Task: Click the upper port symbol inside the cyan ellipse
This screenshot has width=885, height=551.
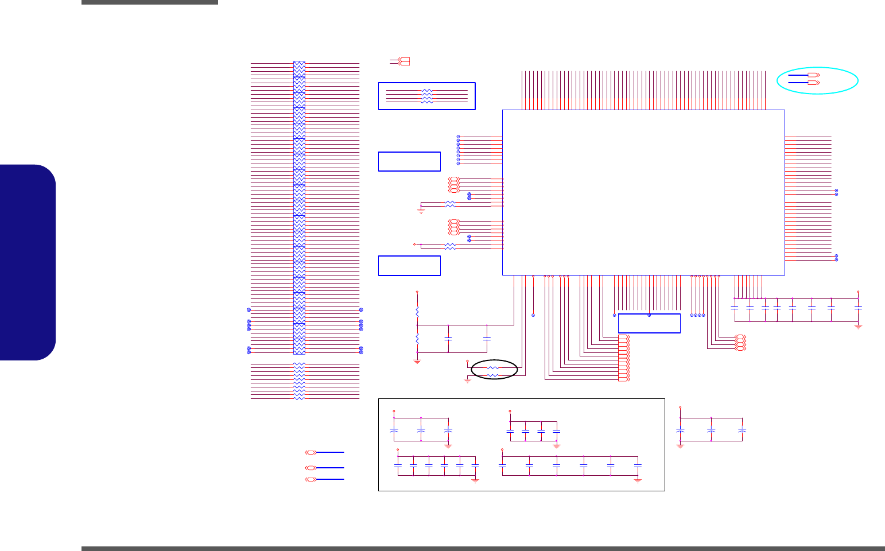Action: pos(813,75)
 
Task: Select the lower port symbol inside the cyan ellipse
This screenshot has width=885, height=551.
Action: pos(813,83)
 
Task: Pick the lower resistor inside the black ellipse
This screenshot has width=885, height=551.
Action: pos(492,375)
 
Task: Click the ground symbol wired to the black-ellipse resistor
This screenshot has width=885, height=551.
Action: pos(467,381)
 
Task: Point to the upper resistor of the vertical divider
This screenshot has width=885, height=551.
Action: pos(417,312)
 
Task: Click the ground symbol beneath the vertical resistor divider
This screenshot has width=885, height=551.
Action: pos(417,361)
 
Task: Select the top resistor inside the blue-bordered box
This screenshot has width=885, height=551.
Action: pos(426,91)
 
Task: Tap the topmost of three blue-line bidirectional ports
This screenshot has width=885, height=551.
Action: pos(310,452)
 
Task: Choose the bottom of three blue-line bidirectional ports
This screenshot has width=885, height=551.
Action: pos(310,479)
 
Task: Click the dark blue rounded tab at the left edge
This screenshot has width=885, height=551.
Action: pos(28,262)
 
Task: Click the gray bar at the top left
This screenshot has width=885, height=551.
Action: pos(149,2)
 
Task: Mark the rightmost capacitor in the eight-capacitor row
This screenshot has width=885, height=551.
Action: pos(858,308)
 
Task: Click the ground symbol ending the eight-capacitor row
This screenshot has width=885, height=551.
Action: pos(858,325)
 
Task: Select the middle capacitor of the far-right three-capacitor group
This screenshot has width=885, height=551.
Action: pos(711,430)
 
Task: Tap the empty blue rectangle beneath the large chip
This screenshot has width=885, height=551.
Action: pos(649,324)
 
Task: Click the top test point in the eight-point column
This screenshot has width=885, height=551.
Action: pos(458,137)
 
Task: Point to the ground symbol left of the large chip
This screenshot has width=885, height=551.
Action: pos(421,211)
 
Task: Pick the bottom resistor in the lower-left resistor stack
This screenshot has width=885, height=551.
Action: pos(299,398)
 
